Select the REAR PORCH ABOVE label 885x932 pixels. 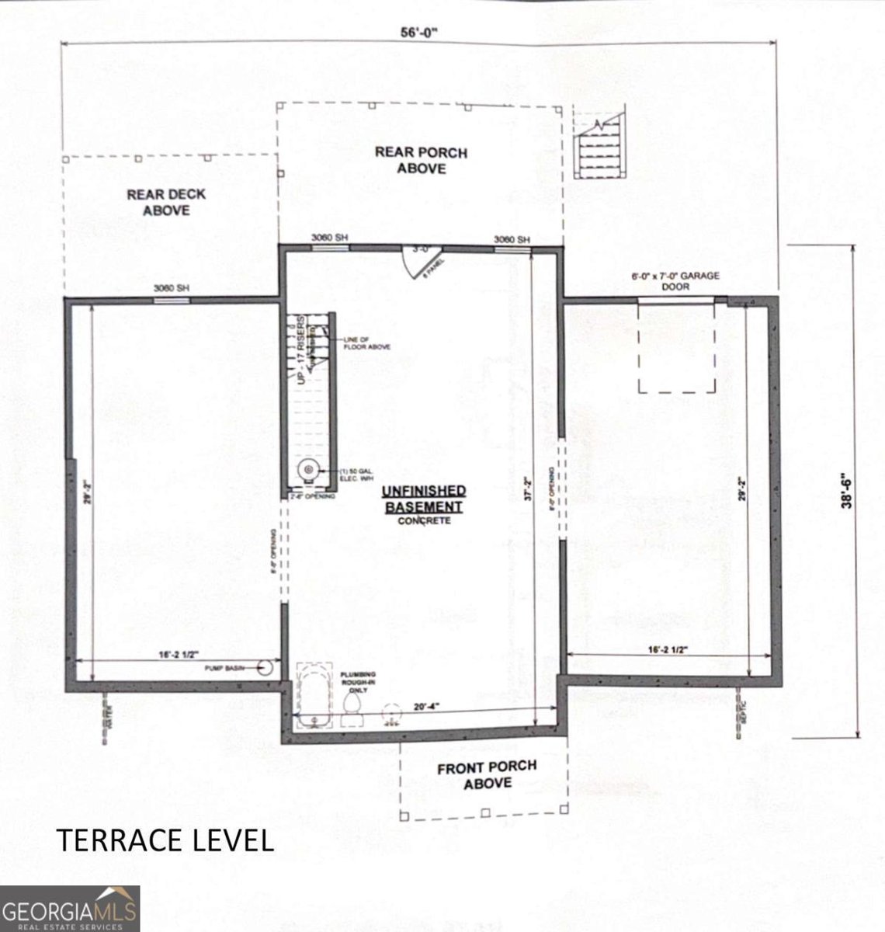pyautogui.click(x=421, y=159)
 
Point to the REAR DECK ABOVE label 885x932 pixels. pyautogui.click(x=166, y=202)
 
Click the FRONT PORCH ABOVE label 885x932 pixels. pyautogui.click(x=486, y=774)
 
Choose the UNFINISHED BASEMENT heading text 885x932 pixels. pyautogui.click(x=424, y=499)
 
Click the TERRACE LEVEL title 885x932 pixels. pyautogui.click(x=165, y=840)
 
